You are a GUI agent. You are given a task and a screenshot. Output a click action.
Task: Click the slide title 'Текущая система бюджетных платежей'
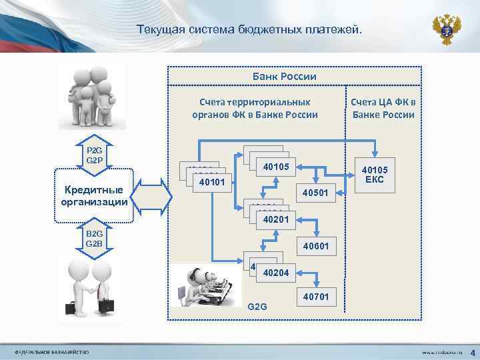[x=250, y=30]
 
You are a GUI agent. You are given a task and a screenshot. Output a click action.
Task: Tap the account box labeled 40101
[x=211, y=181]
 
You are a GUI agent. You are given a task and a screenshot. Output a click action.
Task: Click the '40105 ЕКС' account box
[x=373, y=175]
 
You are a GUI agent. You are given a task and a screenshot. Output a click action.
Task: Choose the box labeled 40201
[x=275, y=219]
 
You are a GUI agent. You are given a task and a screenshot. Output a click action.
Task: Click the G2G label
[x=257, y=306]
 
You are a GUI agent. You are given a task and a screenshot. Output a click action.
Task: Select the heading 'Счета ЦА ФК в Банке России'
[x=383, y=108]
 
